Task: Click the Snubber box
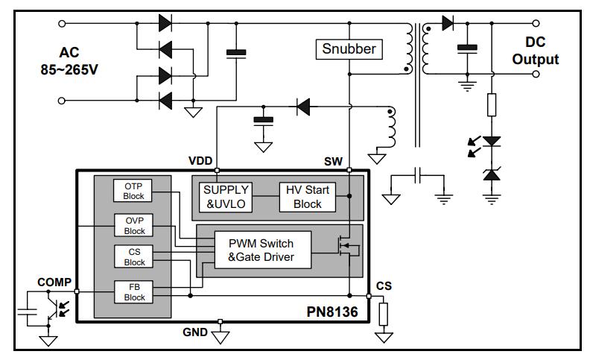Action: pyautogui.click(x=349, y=50)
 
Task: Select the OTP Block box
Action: pyautogui.click(x=134, y=190)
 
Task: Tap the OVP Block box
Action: pyautogui.click(x=134, y=224)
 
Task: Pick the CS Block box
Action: pyautogui.click(x=134, y=257)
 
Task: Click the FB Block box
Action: pyautogui.click(x=134, y=291)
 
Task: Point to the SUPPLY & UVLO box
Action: pyautogui.click(x=226, y=198)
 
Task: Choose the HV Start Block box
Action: pyautogui.click(x=307, y=198)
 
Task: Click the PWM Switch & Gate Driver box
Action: pyautogui.click(x=260, y=250)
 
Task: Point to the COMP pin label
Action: pyautogui.click(x=54, y=282)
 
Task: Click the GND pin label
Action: pyautogui.click(x=195, y=331)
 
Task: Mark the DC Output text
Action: pyautogui.click(x=535, y=51)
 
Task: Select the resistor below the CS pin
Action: pyautogui.click(x=384, y=314)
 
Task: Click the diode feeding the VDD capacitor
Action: pyautogui.click(x=303, y=107)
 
